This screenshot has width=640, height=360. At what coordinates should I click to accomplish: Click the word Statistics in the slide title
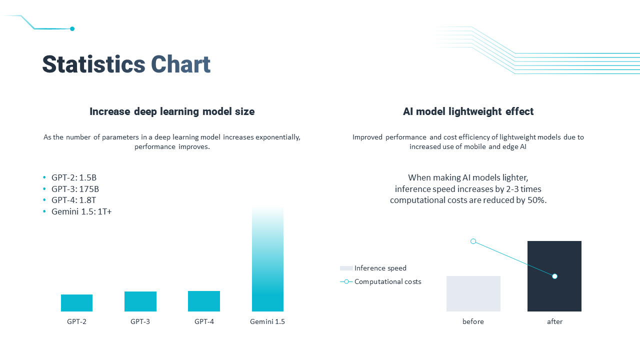tap(93, 65)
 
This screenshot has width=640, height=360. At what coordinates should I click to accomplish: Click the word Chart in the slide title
tap(180, 65)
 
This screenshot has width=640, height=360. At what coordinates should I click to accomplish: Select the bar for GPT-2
tap(76, 303)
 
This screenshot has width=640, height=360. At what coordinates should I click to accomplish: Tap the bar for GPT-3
tap(140, 301)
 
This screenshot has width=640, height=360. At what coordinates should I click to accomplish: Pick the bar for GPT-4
tap(204, 301)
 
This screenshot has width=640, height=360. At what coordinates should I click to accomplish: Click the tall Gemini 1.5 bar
tap(267, 260)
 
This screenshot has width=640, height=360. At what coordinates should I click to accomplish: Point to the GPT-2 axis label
tap(76, 321)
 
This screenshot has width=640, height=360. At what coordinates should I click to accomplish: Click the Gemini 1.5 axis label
tap(267, 321)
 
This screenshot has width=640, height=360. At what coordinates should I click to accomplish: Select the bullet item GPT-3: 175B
tap(75, 189)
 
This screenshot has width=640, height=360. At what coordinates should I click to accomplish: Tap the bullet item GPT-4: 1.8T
tap(73, 200)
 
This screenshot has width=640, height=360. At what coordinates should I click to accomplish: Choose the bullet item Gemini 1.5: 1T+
tap(81, 211)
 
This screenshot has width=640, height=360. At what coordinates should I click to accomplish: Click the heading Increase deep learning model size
tap(172, 111)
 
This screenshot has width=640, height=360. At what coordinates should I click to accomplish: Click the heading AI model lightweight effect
tap(468, 111)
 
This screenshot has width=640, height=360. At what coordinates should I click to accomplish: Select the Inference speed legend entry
tap(380, 268)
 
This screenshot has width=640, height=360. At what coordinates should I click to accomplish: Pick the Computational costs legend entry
tap(387, 281)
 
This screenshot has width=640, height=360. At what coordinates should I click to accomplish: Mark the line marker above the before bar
tap(473, 241)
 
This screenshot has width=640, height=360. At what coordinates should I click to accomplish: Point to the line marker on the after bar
tap(554, 276)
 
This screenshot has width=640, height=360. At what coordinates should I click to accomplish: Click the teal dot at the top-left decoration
tap(72, 29)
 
